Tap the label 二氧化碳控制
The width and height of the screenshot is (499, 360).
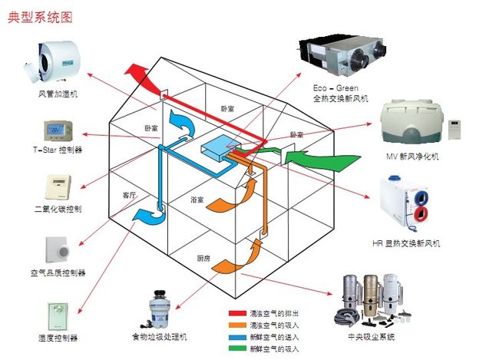[58, 209]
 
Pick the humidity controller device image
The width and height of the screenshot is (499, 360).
[59, 314]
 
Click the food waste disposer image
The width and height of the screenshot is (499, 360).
[159, 307]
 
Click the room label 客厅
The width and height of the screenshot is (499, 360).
[128, 196]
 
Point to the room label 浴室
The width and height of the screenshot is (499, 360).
[197, 200]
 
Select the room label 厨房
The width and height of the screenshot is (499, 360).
[203, 258]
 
